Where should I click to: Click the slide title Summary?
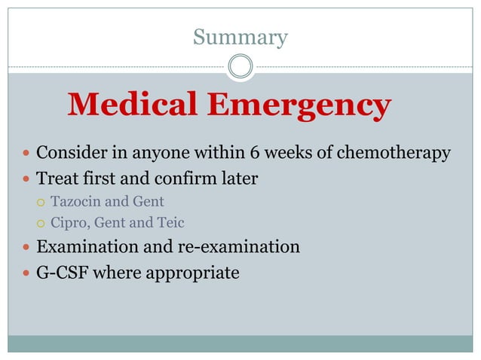pos(240,37)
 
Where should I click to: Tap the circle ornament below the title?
pos(240,66)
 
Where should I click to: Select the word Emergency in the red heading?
pos(300,106)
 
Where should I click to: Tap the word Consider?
pos(70,154)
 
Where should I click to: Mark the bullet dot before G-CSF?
pos(26,273)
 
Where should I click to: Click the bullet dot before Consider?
pos(26,154)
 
